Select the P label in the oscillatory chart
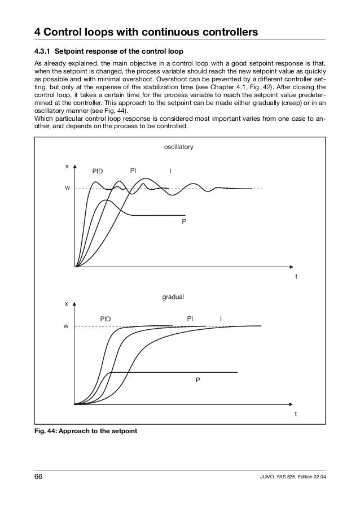click(x=183, y=223)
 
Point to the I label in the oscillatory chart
click(x=170, y=171)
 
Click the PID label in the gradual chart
click(x=106, y=319)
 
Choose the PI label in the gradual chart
click(x=191, y=319)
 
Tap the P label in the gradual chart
click(x=197, y=381)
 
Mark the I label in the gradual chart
click(x=221, y=319)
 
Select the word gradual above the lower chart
click(x=173, y=296)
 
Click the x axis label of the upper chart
click(x=67, y=166)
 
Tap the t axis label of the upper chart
click(x=296, y=278)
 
